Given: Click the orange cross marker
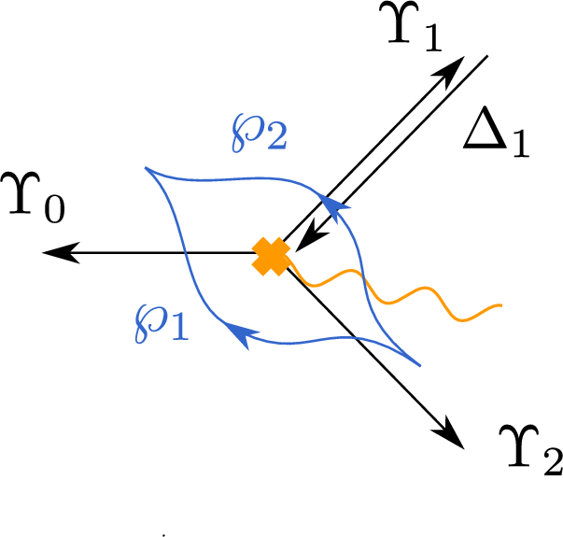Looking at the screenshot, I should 272,256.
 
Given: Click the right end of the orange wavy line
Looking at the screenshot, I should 502,305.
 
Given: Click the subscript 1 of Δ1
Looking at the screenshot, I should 517,148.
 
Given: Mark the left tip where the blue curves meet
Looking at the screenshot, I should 146,168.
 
